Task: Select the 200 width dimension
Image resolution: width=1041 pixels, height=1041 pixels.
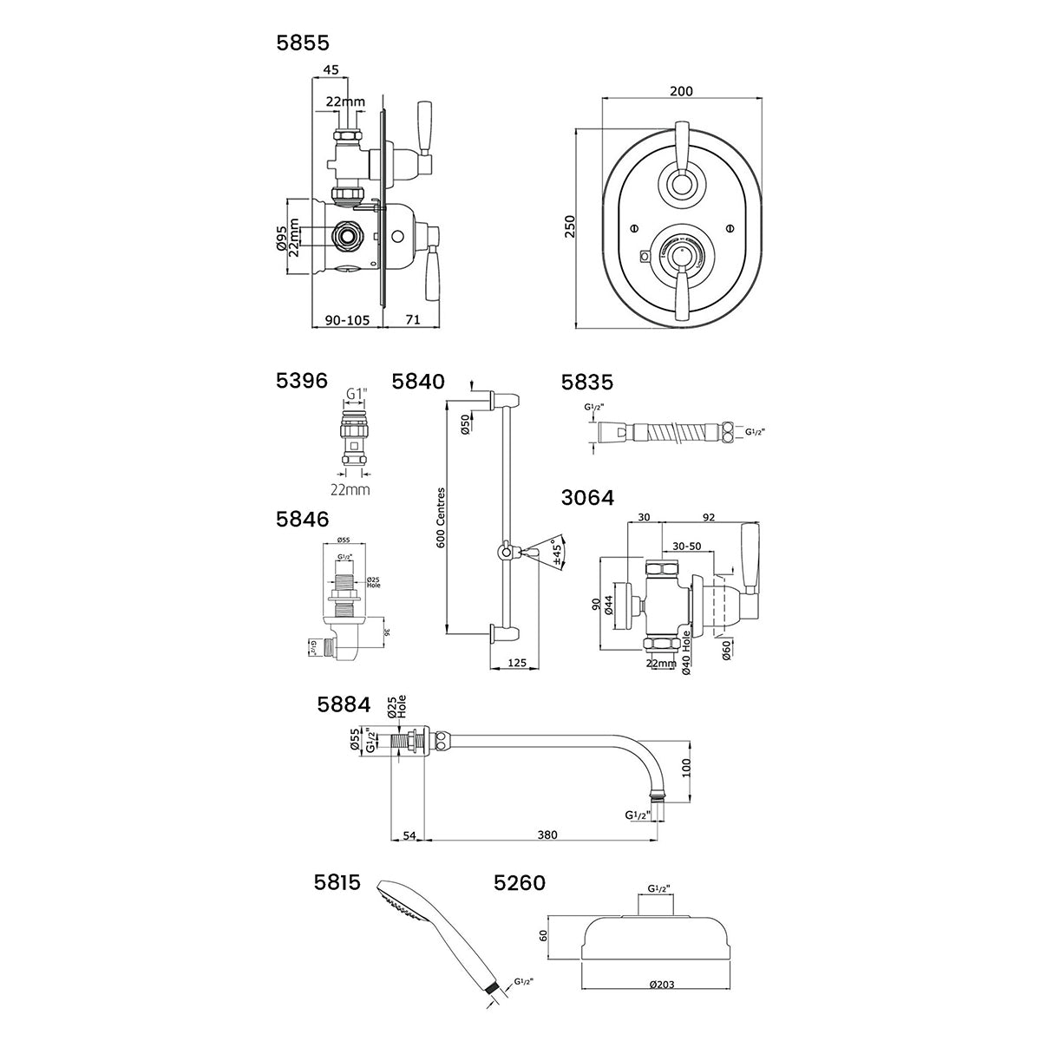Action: coord(682,91)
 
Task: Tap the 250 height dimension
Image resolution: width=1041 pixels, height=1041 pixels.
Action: coord(569,227)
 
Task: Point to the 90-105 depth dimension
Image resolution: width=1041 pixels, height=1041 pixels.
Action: coord(347,320)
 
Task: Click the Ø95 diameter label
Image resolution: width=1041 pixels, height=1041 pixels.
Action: coord(282,239)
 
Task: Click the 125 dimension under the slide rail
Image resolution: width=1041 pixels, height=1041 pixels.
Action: coord(517,664)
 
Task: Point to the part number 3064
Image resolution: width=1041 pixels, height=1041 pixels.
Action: coord(588,497)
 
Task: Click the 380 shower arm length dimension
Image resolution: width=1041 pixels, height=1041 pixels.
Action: coord(547,835)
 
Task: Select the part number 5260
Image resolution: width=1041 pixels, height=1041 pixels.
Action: coord(519,883)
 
